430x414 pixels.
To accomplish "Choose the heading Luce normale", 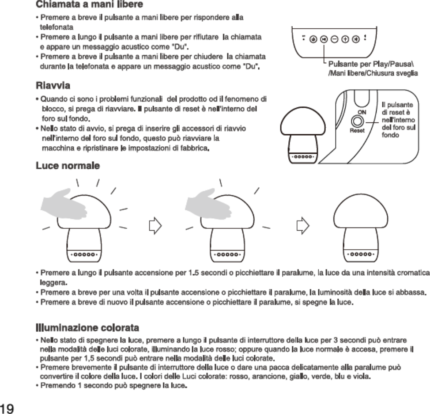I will [x=68, y=166].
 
